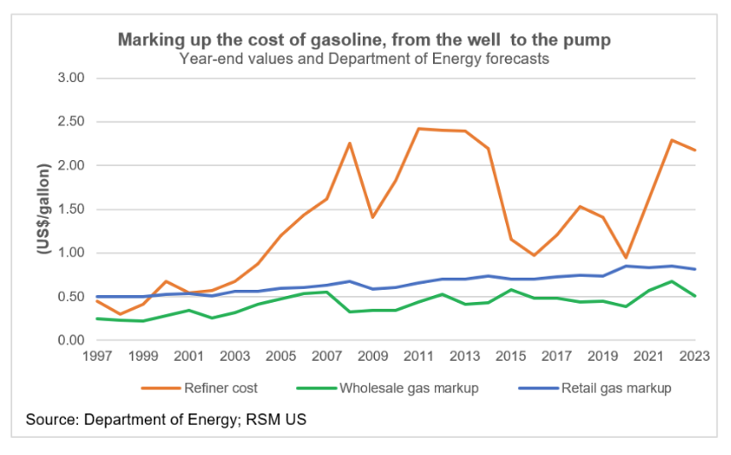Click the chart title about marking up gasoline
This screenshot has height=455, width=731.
(x=364, y=40)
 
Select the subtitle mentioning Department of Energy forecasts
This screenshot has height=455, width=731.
(x=364, y=59)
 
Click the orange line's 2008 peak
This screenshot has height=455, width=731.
(x=349, y=143)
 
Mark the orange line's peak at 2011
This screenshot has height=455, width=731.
(x=419, y=129)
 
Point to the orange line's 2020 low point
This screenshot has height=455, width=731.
(x=626, y=257)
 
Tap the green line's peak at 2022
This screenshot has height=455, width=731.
(x=672, y=281)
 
